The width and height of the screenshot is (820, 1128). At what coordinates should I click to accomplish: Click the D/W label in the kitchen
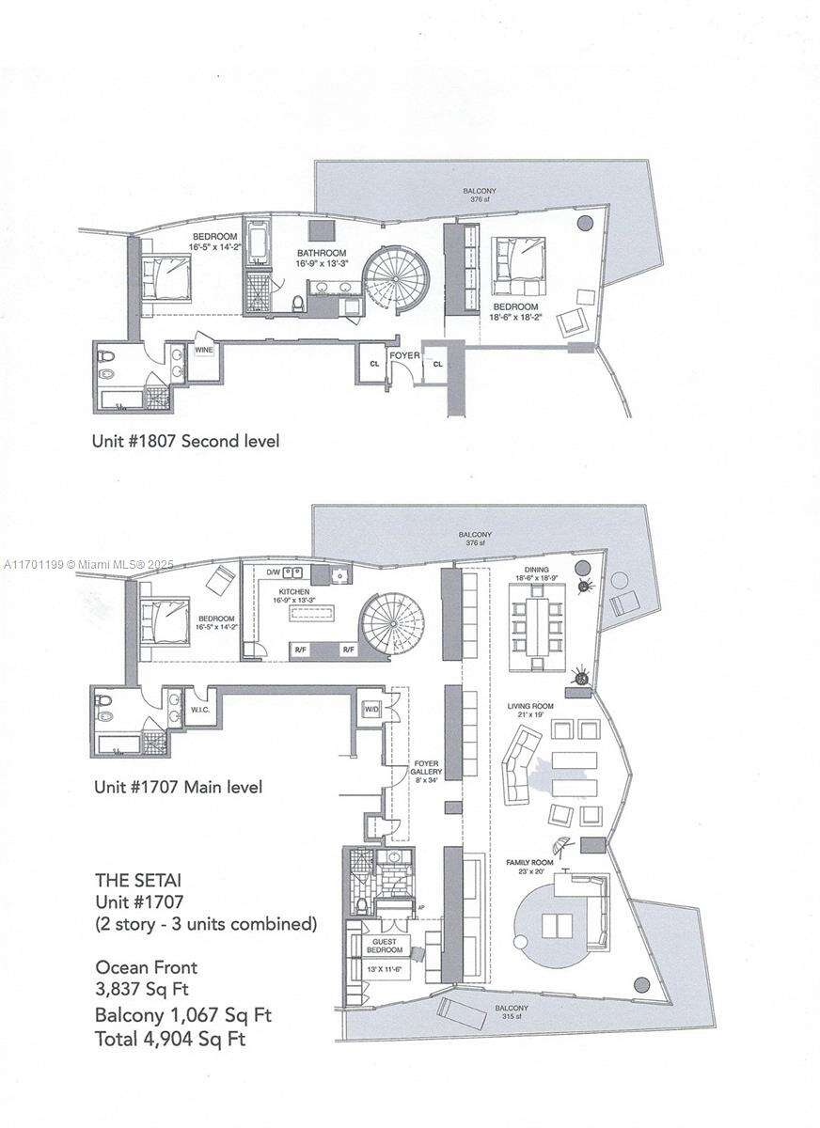273,572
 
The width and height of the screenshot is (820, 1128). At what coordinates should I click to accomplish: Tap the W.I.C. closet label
200,710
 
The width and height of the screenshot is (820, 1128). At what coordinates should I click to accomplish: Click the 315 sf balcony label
513,1012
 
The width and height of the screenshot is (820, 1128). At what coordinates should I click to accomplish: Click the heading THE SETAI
138,881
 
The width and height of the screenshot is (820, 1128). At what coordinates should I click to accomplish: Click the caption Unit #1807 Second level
185,440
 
